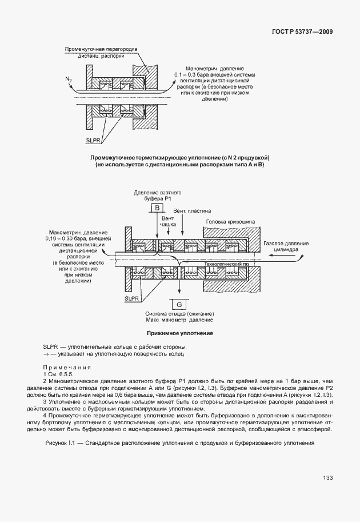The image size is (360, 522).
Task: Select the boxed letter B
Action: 156,209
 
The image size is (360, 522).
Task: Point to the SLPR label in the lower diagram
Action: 132,298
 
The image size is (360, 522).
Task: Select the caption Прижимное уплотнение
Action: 179,332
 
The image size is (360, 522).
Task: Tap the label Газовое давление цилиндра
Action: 286,246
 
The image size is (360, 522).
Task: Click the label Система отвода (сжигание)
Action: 179,314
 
